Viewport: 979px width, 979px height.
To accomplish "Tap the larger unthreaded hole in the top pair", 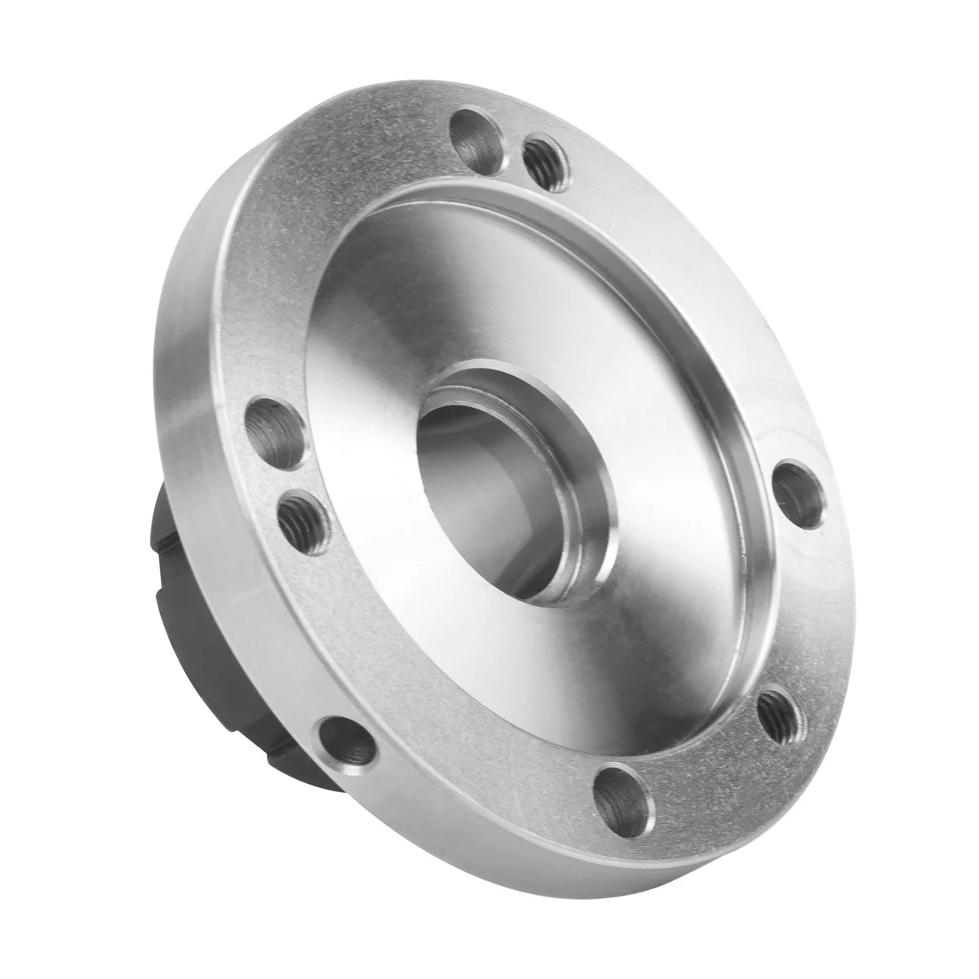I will [x=476, y=138].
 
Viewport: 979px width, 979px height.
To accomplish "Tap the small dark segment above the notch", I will [x=163, y=498].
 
